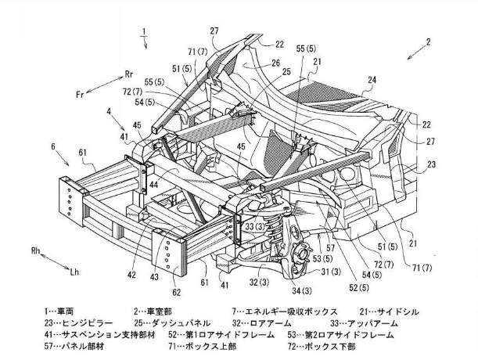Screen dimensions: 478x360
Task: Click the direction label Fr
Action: point(80,95)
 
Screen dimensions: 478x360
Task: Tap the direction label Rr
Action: point(129,74)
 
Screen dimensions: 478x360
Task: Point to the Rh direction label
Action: point(36,250)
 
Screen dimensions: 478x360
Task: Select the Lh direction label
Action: point(74,272)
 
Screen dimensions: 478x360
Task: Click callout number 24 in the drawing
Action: point(372,80)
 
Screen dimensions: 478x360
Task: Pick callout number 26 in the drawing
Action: point(275,63)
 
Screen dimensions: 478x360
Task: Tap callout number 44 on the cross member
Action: point(154,185)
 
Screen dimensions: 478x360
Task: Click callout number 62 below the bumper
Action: point(177,292)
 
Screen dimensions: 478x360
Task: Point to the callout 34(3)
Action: point(302,291)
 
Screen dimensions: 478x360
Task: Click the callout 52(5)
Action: point(358,288)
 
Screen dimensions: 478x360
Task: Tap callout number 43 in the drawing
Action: point(154,277)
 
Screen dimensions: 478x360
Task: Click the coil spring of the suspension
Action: point(275,226)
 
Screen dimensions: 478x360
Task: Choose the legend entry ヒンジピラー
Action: point(87,323)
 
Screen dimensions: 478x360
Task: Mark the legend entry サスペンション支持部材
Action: point(109,335)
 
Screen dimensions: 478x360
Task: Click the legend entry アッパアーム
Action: point(372,323)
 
